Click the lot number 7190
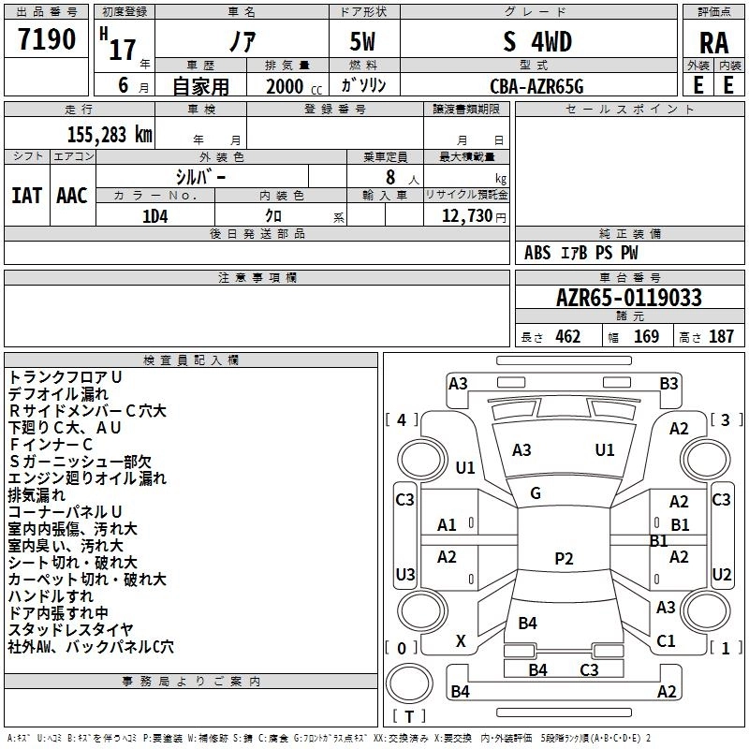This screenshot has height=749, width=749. (x=47, y=39)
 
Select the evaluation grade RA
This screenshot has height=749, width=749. (x=713, y=43)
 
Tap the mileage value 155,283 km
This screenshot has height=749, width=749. (x=110, y=135)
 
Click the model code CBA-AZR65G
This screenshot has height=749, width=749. (x=536, y=86)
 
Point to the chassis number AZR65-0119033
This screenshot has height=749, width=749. (x=629, y=298)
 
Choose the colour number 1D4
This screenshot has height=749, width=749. (x=155, y=216)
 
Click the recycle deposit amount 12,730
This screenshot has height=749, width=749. (x=466, y=216)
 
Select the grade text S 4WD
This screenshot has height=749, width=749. (x=537, y=41)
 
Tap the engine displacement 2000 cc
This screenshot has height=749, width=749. (x=294, y=86)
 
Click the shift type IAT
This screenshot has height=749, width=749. (x=26, y=196)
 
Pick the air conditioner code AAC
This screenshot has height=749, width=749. (x=72, y=196)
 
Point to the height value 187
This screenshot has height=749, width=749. (x=721, y=337)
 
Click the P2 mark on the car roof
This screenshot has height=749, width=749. (x=564, y=558)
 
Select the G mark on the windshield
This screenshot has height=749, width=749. (x=536, y=493)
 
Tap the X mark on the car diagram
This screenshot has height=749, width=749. (x=461, y=641)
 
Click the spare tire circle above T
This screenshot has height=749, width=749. (x=409, y=683)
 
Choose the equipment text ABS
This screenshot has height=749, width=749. (x=537, y=253)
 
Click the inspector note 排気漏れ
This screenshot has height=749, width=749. (x=37, y=495)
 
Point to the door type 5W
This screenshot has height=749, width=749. (x=362, y=41)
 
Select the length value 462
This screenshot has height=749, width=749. (x=568, y=337)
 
